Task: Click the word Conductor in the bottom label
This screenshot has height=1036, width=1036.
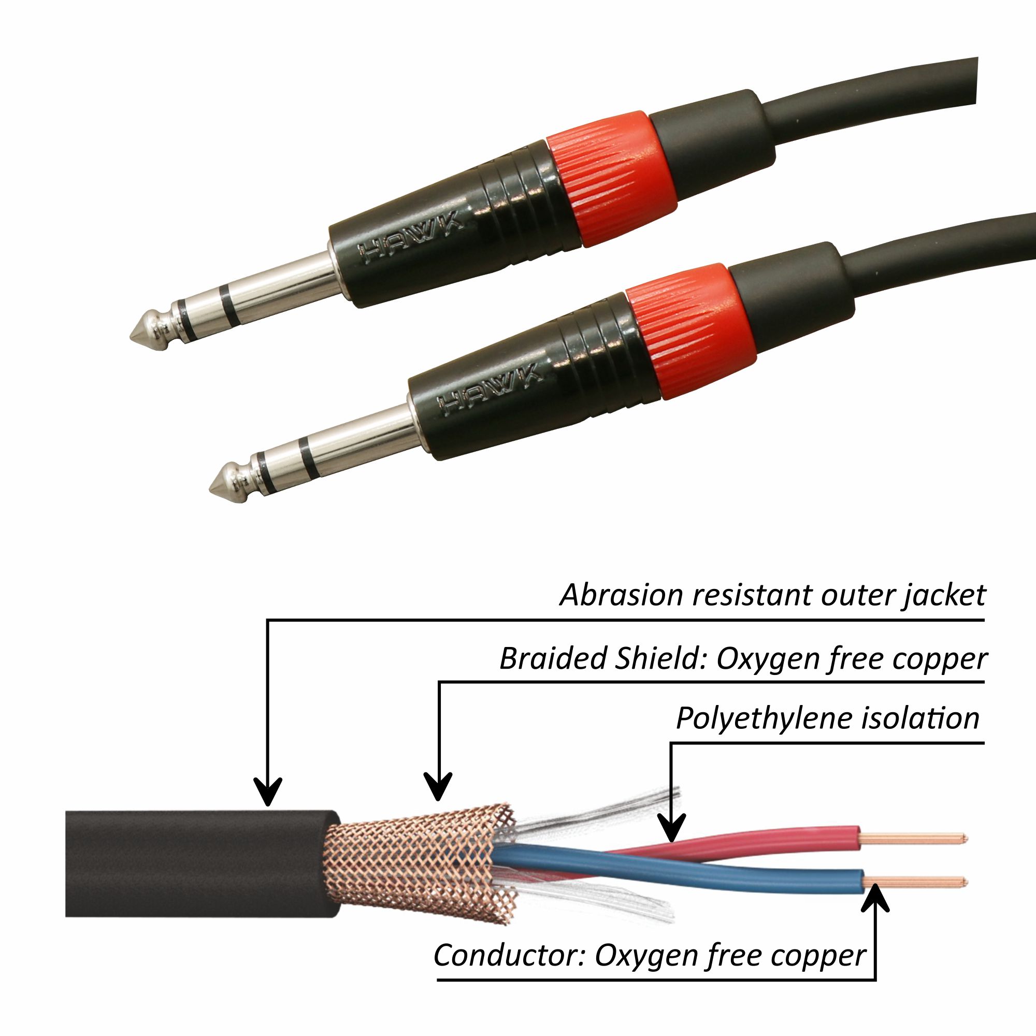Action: pos(510,955)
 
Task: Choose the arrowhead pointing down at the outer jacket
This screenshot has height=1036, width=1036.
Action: pos(268,794)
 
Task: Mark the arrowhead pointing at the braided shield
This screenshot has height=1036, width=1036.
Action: pos(439,788)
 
